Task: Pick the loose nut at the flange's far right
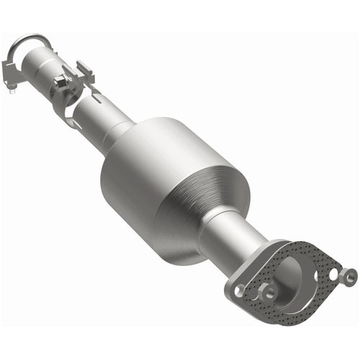[350, 275]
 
